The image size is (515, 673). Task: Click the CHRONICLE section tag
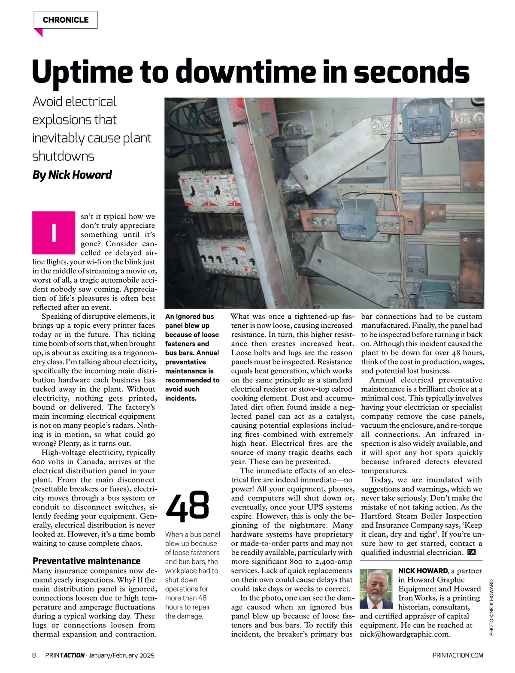click(66, 20)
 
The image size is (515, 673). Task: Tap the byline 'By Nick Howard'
click(72, 175)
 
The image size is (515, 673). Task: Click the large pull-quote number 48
click(188, 507)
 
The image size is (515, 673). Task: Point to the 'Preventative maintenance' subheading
click(87, 561)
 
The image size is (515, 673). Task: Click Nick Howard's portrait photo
click(376, 589)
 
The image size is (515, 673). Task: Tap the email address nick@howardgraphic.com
click(405, 634)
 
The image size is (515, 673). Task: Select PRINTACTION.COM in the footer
click(458, 655)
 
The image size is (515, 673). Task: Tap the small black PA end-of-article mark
click(472, 552)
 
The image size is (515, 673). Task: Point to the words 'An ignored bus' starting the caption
click(189, 317)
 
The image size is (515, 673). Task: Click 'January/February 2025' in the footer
click(121, 655)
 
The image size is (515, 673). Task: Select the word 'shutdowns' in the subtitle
click(63, 156)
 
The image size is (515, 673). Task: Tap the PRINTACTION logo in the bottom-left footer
click(64, 655)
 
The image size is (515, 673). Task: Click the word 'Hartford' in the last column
click(379, 516)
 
